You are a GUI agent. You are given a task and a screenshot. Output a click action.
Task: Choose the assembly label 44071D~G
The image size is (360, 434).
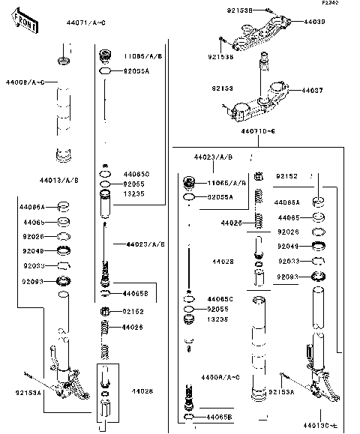[x=258, y=132]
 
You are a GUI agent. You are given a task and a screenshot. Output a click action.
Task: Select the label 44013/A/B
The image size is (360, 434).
[x=58, y=181]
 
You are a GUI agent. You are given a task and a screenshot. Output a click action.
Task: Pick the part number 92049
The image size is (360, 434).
[x=289, y=246]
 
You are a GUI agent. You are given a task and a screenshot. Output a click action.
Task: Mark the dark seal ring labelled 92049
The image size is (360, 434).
[x=319, y=246]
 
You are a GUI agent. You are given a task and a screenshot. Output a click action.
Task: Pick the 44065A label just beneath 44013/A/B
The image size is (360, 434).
[x=32, y=206]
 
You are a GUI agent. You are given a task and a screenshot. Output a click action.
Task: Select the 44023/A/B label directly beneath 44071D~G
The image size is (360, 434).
[x=213, y=157]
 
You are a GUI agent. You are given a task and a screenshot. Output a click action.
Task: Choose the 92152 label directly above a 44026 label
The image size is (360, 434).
[x=133, y=310]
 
